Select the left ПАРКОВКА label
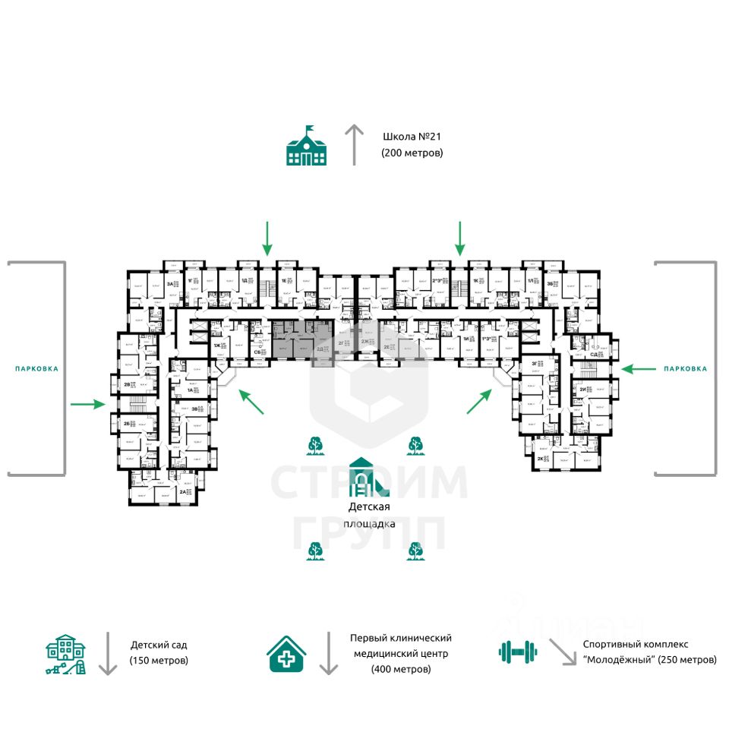(x=36, y=368)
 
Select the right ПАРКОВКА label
(x=685, y=368)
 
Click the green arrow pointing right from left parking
(x=87, y=404)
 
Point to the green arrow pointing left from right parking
(x=639, y=368)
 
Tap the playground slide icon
(x=364, y=476)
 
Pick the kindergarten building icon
(x=66, y=654)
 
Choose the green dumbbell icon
(x=517, y=652)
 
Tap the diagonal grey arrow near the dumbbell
(x=563, y=652)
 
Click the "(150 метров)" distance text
(x=159, y=660)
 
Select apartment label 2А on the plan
(x=183, y=491)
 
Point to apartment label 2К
(x=540, y=459)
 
